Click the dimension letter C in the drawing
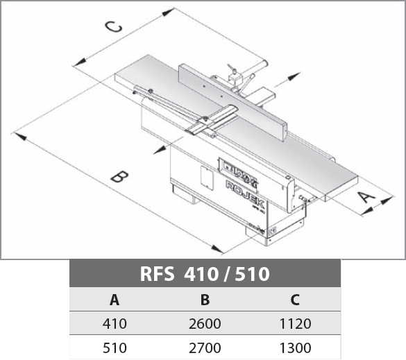113,27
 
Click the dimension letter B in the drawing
119,176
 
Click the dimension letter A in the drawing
366,197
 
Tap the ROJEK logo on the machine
245,194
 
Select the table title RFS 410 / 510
205,274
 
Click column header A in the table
115,300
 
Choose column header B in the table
205,300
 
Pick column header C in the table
295,300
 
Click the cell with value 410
115,323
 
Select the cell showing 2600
205,323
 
